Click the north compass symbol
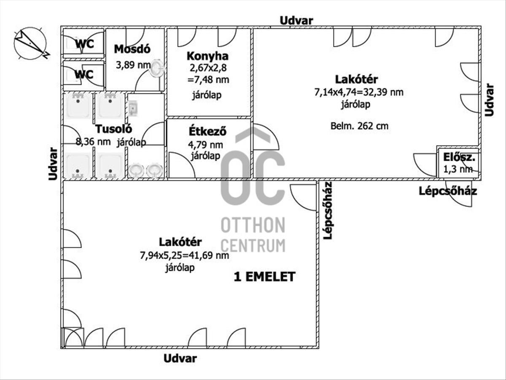click(x=31, y=44)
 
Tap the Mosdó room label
click(x=132, y=49)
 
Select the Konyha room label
click(x=207, y=56)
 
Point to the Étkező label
click(x=207, y=131)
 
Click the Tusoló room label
click(x=114, y=129)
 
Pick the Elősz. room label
click(x=459, y=157)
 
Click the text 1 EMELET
click(x=265, y=277)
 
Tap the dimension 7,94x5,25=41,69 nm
click(x=185, y=256)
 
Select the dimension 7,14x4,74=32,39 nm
click(x=359, y=92)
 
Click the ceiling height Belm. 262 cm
click(x=359, y=126)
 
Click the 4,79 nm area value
click(x=206, y=145)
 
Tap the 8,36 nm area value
click(x=93, y=142)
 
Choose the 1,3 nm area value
click(x=458, y=169)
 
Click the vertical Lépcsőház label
click(x=328, y=210)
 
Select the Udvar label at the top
click(x=296, y=21)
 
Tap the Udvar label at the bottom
click(x=180, y=358)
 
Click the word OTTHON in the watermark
click(x=253, y=225)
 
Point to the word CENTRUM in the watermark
click(x=253, y=245)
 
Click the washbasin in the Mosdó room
click(x=156, y=68)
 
